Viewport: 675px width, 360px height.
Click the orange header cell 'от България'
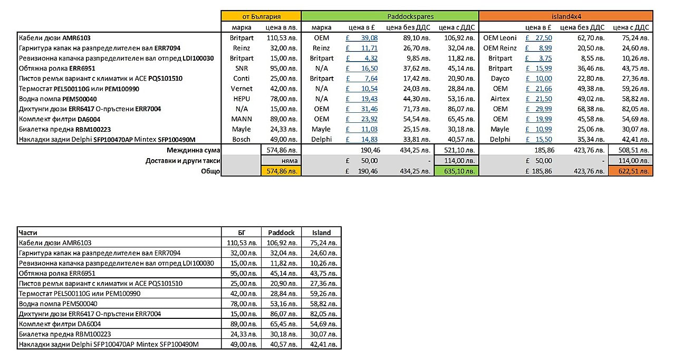(261, 17)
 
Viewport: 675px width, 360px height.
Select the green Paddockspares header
(390, 17)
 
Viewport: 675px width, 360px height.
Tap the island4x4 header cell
(566, 17)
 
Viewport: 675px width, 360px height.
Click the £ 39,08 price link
(362, 38)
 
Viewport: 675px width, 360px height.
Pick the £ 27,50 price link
(539, 38)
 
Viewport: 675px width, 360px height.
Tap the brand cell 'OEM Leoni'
(500, 38)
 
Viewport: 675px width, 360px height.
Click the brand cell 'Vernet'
(242, 89)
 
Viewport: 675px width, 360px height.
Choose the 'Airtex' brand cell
(500, 99)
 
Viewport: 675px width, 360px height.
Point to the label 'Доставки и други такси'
(183, 160)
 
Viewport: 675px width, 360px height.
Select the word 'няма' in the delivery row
(290, 160)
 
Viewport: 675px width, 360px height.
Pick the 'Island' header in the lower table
(321, 232)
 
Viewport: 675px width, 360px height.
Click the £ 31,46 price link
(362, 109)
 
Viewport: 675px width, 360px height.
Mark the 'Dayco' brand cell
(500, 79)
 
